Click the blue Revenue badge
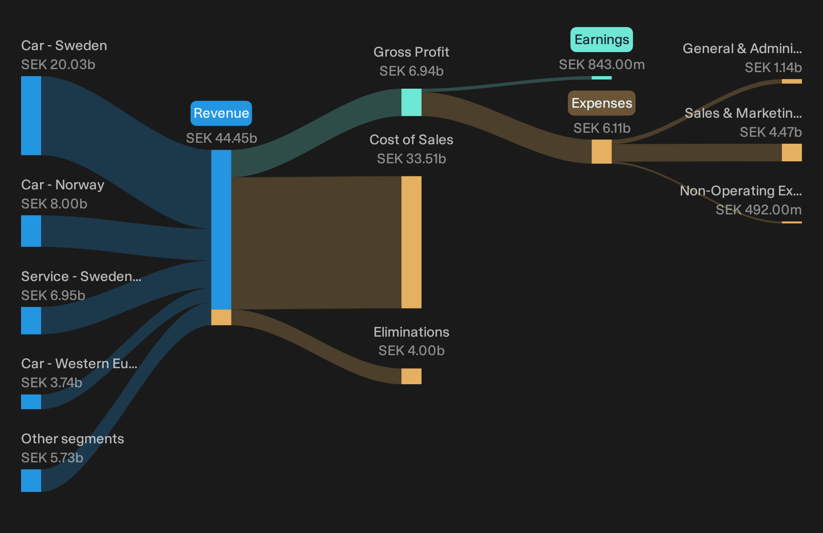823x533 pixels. pos(221,113)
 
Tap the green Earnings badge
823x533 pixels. pos(601,39)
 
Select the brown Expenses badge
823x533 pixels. pos(601,103)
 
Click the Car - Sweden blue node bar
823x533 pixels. pos(31,116)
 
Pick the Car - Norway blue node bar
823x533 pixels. pos(31,231)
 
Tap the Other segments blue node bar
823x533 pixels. pos(31,480)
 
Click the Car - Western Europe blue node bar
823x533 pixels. pos(31,402)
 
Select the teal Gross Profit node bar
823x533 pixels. pos(411,103)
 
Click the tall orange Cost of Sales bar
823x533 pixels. pos(411,242)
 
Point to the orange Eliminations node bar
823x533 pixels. pos(411,376)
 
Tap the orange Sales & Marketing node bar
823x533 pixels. pos(792,152)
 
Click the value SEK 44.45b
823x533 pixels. pos(221,138)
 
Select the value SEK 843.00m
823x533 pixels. pos(601,65)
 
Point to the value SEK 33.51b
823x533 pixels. pos(411,159)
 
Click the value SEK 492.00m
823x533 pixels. pos(758,210)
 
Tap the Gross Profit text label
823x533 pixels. pos(411,52)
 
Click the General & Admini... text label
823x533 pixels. pos(742,49)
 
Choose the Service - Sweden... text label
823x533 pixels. pos(81,276)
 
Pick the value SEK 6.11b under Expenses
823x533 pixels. pos(601,128)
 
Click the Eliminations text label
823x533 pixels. pos(411,332)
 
